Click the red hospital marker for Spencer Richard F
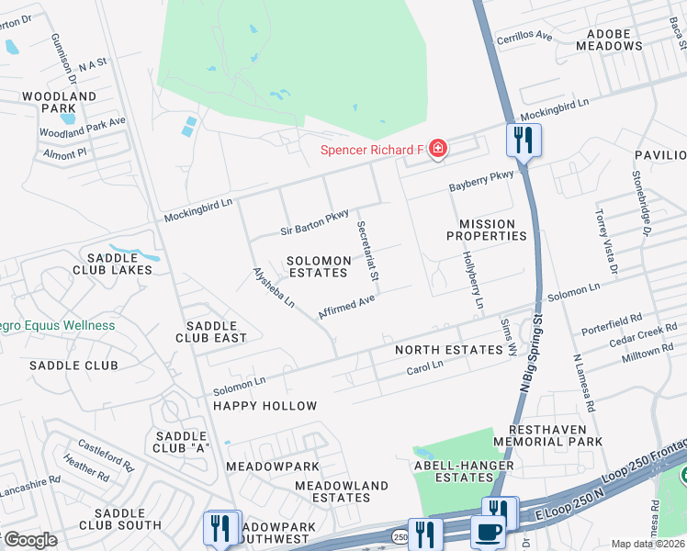point(438,149)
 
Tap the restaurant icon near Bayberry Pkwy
point(524,141)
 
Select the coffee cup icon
point(488,532)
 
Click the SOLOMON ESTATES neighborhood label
point(319,266)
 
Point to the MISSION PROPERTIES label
point(492,230)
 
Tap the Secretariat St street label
point(367,251)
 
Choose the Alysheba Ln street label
point(275,287)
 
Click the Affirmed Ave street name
point(346,307)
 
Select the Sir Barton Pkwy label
point(314,222)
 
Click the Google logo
point(29,540)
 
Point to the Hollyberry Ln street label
point(472,279)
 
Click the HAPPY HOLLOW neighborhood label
point(265,406)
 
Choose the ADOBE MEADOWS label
point(609,39)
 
